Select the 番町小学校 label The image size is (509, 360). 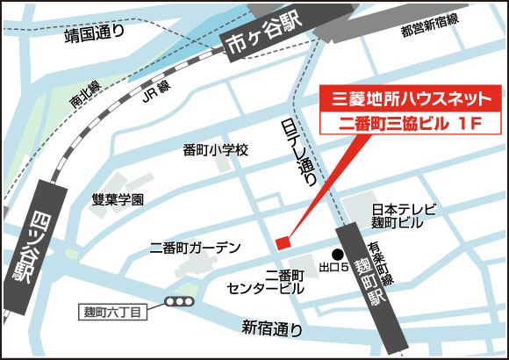tap(216, 151)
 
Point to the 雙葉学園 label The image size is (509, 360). tap(118, 199)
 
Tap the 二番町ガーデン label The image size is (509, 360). tap(195, 248)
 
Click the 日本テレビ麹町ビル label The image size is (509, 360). tap(397, 217)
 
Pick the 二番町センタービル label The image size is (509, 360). tap(266, 280)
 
